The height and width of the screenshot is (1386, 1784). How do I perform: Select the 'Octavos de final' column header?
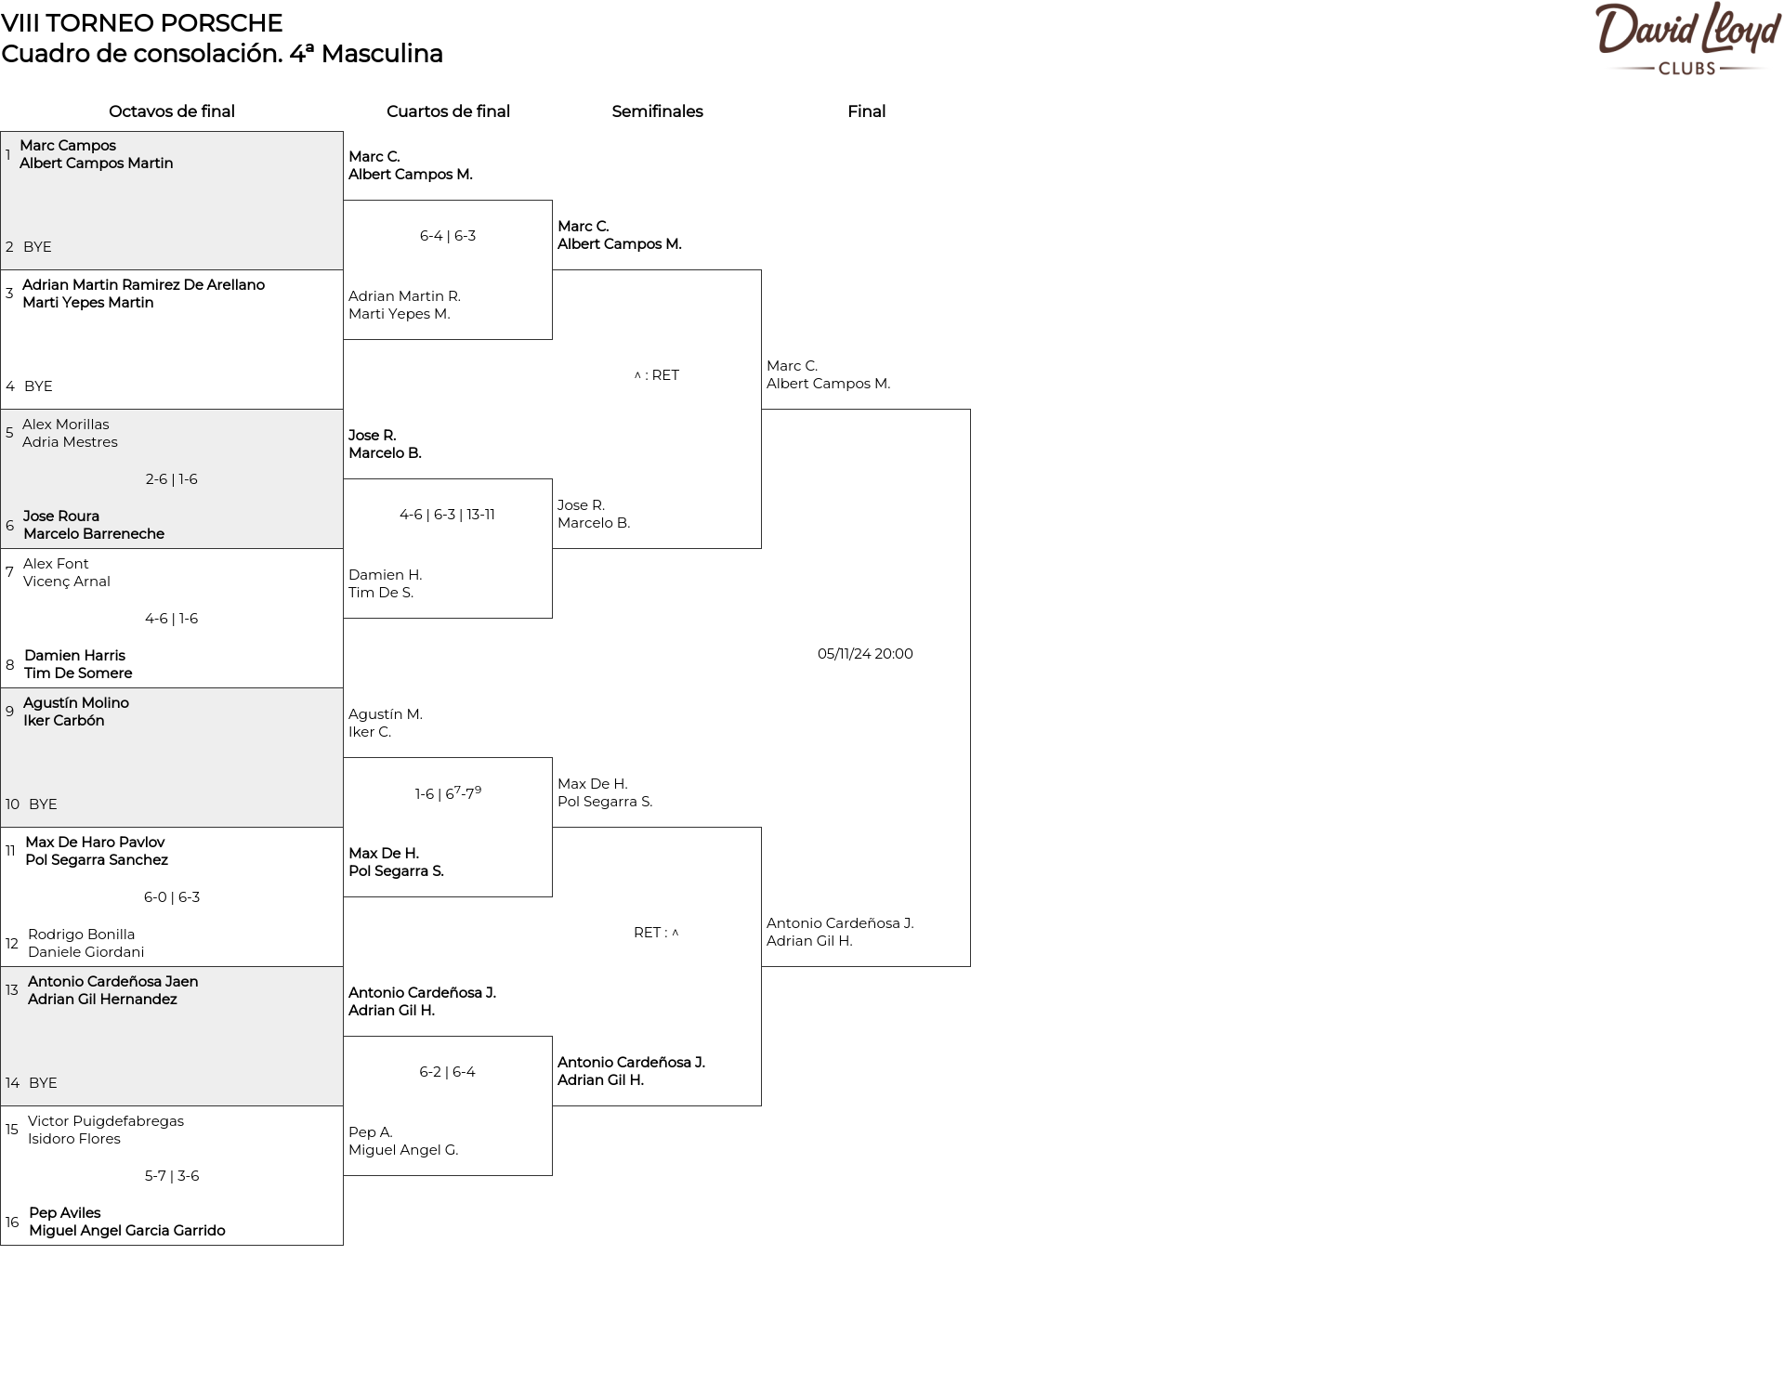click(x=172, y=111)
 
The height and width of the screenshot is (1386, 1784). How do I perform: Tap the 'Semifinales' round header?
click(x=657, y=111)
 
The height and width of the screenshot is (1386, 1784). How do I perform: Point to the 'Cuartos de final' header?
click(x=448, y=111)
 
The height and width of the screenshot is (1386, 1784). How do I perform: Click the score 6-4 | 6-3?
click(x=448, y=236)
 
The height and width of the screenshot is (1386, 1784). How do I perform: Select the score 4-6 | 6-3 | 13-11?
click(x=447, y=515)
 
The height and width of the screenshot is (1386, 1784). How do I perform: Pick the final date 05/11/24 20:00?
click(x=865, y=654)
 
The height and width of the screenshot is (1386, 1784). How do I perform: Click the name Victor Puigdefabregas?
click(x=106, y=1121)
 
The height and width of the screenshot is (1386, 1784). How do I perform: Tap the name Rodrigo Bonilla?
click(x=81, y=935)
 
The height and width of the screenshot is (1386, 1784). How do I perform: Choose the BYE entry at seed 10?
click(x=43, y=804)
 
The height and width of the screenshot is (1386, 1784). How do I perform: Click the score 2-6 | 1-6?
click(x=171, y=479)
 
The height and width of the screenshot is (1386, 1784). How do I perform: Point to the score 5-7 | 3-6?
click(x=172, y=1176)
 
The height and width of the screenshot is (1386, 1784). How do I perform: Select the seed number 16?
click(x=12, y=1223)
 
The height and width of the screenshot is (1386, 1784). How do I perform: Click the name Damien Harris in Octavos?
click(x=74, y=656)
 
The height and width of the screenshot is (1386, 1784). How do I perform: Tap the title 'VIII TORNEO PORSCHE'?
click(x=142, y=23)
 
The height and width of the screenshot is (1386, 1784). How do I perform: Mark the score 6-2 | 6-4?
click(x=447, y=1072)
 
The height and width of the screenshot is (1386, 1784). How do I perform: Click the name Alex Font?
click(x=56, y=564)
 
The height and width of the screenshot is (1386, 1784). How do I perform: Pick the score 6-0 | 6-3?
click(x=172, y=897)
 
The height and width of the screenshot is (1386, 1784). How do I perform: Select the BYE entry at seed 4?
click(x=38, y=386)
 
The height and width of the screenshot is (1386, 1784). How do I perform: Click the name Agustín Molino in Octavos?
click(x=76, y=703)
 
